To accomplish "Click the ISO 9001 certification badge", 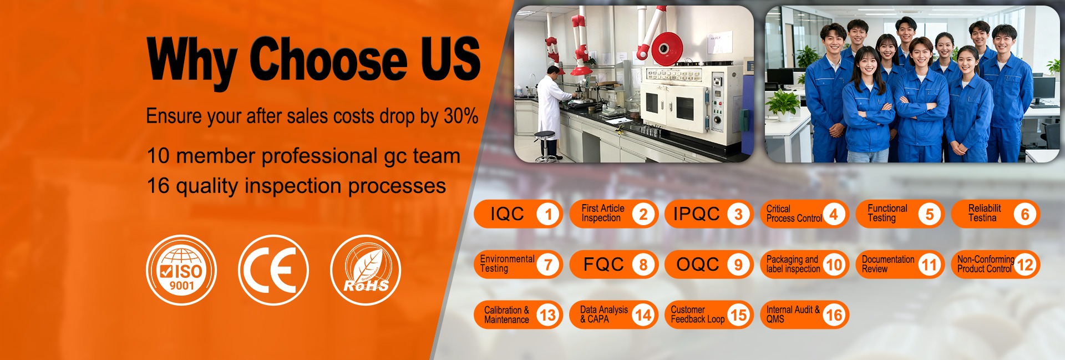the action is (x=181, y=270).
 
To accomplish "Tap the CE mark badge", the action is (x=273, y=270).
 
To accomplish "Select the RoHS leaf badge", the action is (x=366, y=270).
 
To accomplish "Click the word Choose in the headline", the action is (x=328, y=59).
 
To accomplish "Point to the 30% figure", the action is (x=461, y=116).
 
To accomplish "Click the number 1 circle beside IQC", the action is (x=548, y=214).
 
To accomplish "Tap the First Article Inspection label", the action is (x=602, y=214).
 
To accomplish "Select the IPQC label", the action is (x=696, y=214).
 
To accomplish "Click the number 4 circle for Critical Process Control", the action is (x=834, y=214).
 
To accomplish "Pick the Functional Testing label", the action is (x=887, y=214).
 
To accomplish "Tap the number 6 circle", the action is (x=1025, y=214).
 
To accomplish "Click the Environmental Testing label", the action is (x=507, y=264).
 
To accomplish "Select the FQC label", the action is (x=603, y=265).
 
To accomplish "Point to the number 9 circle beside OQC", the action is (x=738, y=265).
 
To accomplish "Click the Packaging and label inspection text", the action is (x=793, y=264).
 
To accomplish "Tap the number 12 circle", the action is (x=1025, y=265).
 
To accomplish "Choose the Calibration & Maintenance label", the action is (x=506, y=315).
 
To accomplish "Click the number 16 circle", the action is (x=834, y=315).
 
